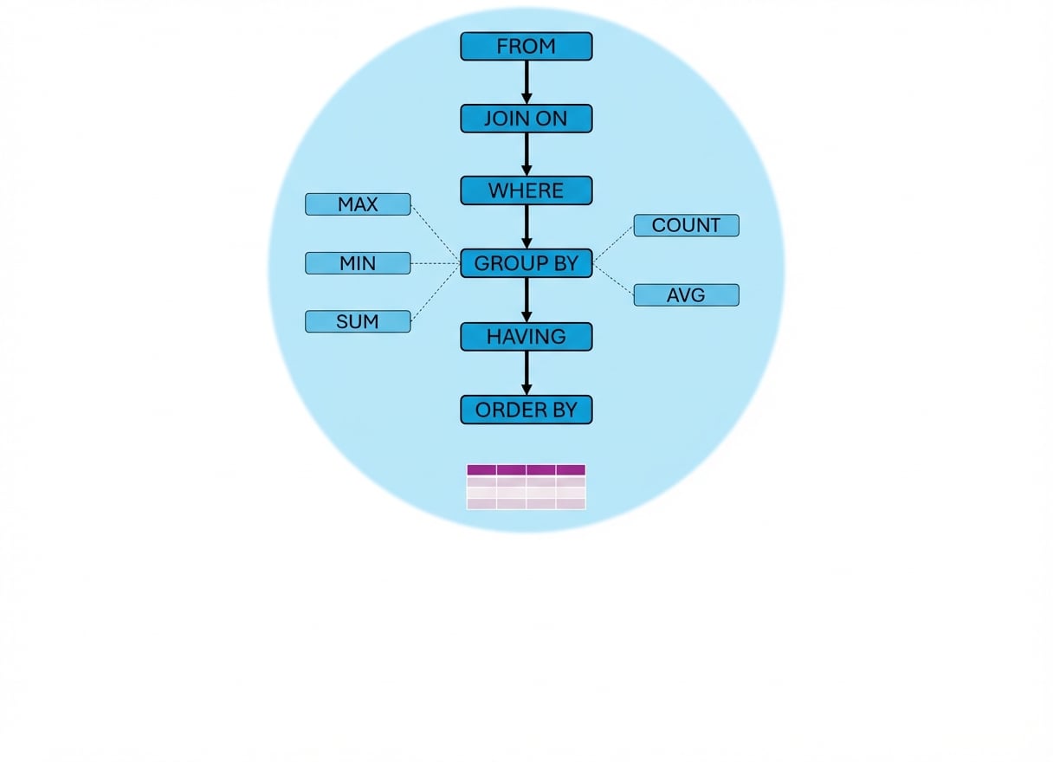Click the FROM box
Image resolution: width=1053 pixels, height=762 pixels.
526,47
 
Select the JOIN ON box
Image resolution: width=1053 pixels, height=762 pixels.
526,119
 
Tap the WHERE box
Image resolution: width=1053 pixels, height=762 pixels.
526,190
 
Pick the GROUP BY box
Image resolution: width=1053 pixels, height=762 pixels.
526,263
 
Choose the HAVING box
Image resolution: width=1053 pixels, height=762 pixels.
526,337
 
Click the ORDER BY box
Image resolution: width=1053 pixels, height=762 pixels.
526,410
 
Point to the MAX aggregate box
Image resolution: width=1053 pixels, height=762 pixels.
358,204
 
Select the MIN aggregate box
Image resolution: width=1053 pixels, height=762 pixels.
358,263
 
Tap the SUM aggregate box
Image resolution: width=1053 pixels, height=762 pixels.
358,321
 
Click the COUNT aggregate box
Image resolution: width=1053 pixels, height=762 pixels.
686,225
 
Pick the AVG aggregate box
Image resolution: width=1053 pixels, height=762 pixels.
686,295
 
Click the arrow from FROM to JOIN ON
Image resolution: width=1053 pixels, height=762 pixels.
526,82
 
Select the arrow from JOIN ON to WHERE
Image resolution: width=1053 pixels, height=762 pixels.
526,154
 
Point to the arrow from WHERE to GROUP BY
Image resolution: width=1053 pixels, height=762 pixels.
526,227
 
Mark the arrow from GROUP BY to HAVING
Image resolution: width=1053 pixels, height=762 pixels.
526,300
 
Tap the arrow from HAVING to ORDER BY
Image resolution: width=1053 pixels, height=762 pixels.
526,372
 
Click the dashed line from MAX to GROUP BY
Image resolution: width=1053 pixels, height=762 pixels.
435,232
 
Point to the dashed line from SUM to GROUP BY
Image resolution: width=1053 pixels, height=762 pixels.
435,294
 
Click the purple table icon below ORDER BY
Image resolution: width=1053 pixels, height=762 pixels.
526,487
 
